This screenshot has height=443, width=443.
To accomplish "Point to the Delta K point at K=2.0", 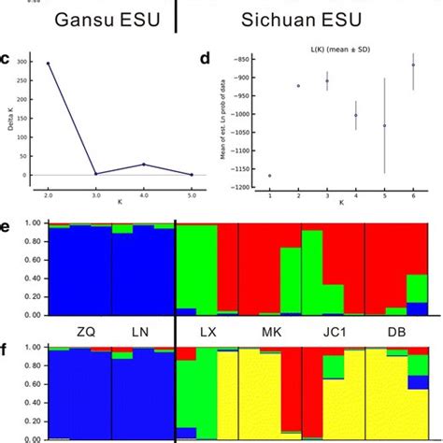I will [x=48, y=64].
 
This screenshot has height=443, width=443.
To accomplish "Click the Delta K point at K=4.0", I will [x=141, y=164].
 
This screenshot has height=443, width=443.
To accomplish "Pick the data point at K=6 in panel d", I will [x=413, y=65].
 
